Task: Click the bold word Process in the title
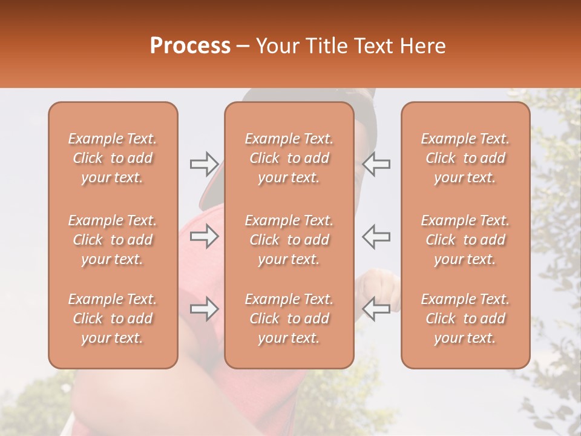pyautogui.click(x=190, y=45)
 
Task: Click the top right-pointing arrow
pyautogui.click(x=205, y=163)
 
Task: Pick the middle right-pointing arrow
pyautogui.click(x=205, y=236)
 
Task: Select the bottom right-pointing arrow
pyautogui.click(x=205, y=309)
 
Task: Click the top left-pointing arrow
pyautogui.click(x=376, y=163)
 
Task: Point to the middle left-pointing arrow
pyautogui.click(x=376, y=236)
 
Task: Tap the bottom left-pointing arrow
pyautogui.click(x=376, y=309)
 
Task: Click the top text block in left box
pyautogui.click(x=113, y=158)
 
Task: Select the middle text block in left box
pyautogui.click(x=113, y=240)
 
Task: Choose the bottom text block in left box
pyautogui.click(x=113, y=319)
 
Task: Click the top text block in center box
pyautogui.click(x=289, y=158)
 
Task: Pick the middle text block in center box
pyautogui.click(x=289, y=240)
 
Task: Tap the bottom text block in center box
pyautogui.click(x=289, y=319)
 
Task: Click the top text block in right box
pyautogui.click(x=465, y=158)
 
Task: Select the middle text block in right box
pyautogui.click(x=465, y=240)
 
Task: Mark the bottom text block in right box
pyautogui.click(x=465, y=319)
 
